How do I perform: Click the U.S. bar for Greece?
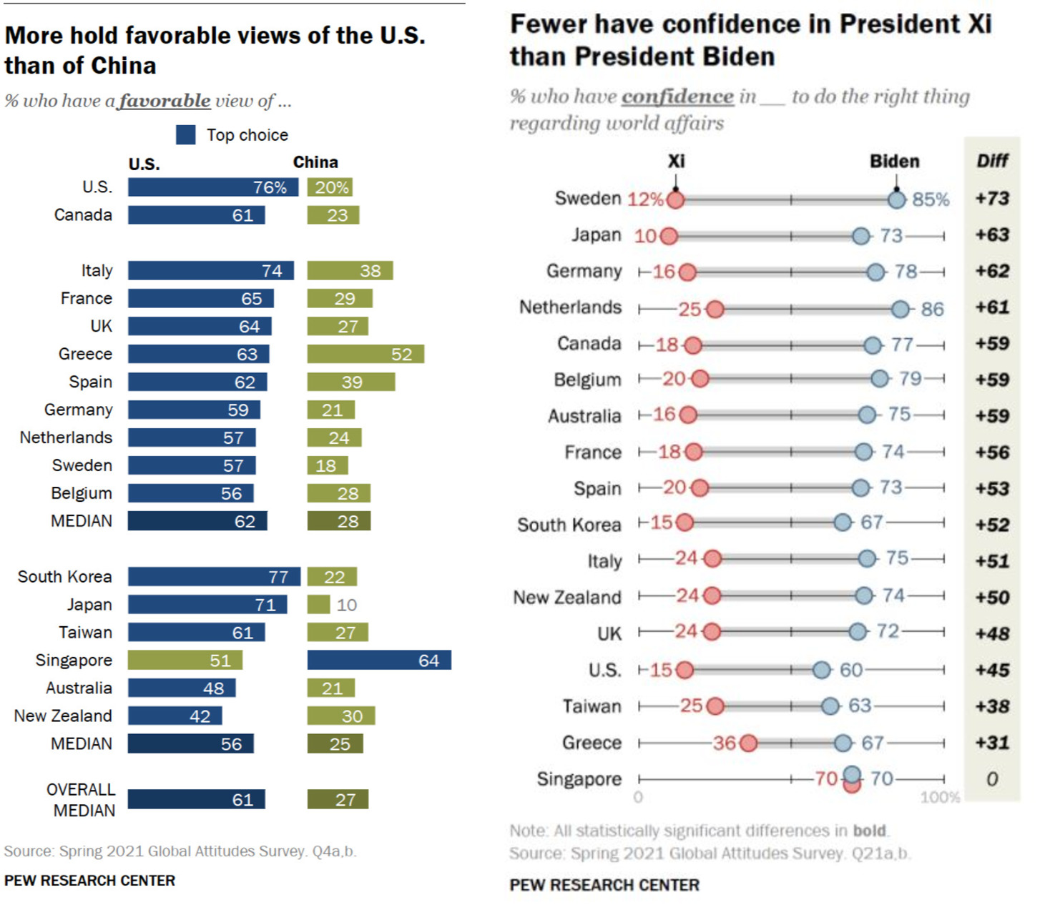(x=198, y=354)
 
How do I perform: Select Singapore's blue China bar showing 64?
(x=379, y=660)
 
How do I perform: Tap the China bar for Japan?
(x=318, y=605)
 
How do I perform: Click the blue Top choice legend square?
(x=186, y=134)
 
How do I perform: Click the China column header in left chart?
(x=315, y=162)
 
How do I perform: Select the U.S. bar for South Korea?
(x=214, y=577)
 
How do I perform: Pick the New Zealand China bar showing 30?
(x=341, y=716)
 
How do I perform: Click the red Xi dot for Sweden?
(x=675, y=199)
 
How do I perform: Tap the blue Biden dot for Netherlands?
(x=900, y=309)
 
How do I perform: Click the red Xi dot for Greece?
(x=748, y=743)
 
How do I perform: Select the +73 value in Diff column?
(x=992, y=198)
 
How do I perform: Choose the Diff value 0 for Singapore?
(x=992, y=779)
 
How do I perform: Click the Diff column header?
(x=992, y=161)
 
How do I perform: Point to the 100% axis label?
(x=940, y=797)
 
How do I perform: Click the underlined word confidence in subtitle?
(x=677, y=97)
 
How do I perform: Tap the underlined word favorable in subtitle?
(x=165, y=101)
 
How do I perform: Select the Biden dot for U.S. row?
(x=822, y=670)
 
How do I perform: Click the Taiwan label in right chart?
(x=592, y=706)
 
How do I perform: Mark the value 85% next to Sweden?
(x=931, y=199)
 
